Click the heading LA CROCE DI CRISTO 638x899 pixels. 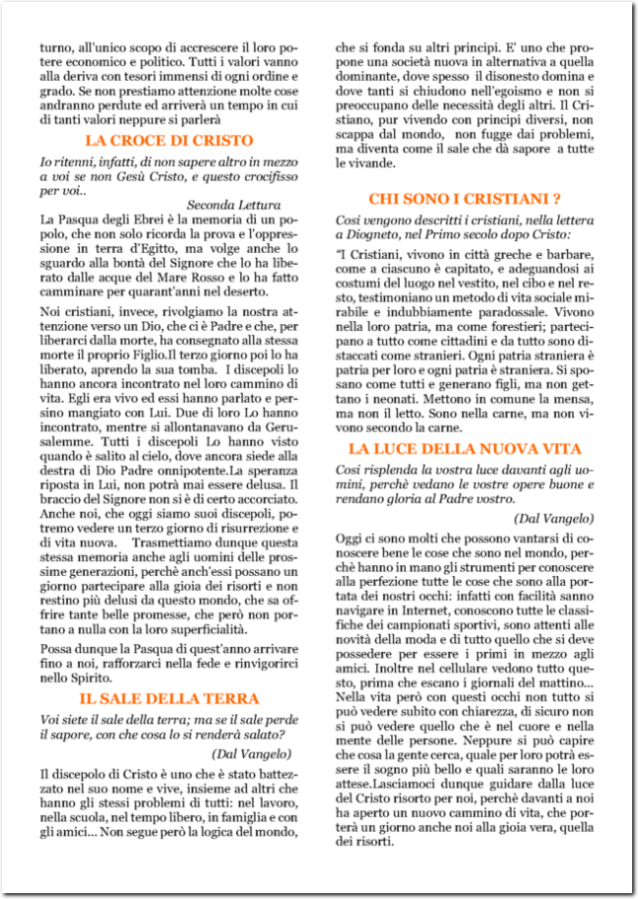169,141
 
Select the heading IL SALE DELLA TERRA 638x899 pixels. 169,699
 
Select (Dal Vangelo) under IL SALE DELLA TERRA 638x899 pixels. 252,753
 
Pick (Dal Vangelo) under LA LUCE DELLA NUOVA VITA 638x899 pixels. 553,518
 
